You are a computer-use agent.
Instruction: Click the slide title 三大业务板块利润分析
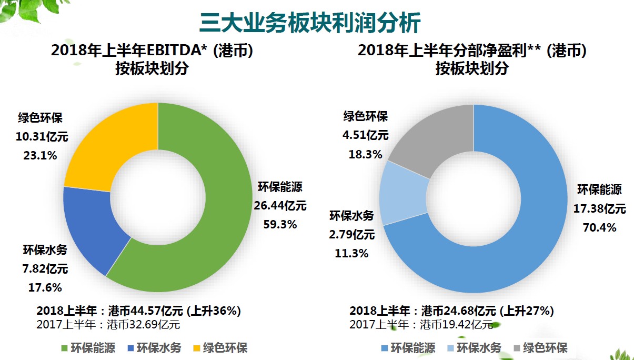(x=310, y=23)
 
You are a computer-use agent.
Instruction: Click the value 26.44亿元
(x=279, y=205)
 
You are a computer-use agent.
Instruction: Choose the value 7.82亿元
(x=45, y=269)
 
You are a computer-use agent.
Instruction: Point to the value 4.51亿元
(x=365, y=135)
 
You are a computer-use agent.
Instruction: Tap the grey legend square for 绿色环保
(x=516, y=348)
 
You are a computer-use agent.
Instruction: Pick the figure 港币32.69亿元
(x=144, y=324)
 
